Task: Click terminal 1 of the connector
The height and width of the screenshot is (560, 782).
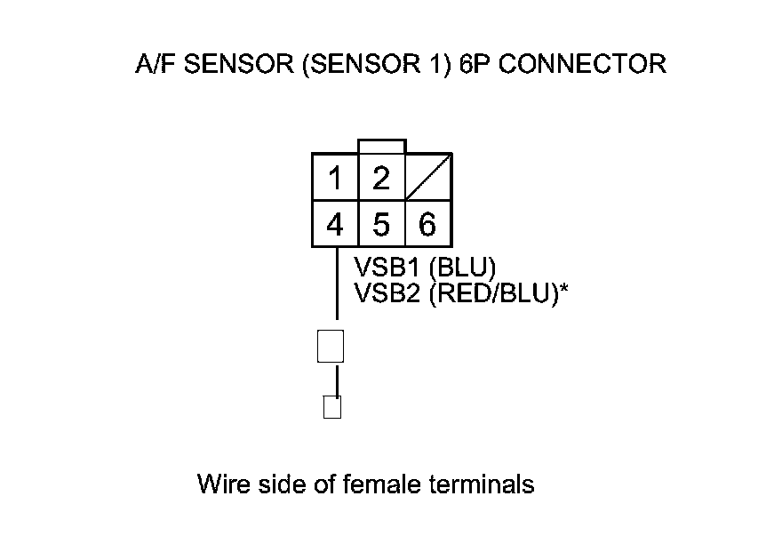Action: [335, 179]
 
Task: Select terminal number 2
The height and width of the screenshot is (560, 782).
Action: [381, 179]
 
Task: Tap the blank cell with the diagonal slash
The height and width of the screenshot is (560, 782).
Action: [428, 179]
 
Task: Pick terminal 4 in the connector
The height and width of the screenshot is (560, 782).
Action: [335, 224]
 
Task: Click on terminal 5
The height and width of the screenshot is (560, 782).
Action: [381, 224]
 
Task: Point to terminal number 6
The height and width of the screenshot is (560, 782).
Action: [427, 224]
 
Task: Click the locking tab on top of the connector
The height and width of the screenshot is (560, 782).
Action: [381, 147]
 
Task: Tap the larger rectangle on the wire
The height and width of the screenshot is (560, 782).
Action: [331, 346]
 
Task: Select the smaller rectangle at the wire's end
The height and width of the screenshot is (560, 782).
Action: [332, 407]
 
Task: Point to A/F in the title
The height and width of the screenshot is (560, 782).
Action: [150, 65]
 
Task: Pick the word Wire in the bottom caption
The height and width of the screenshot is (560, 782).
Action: [219, 484]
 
